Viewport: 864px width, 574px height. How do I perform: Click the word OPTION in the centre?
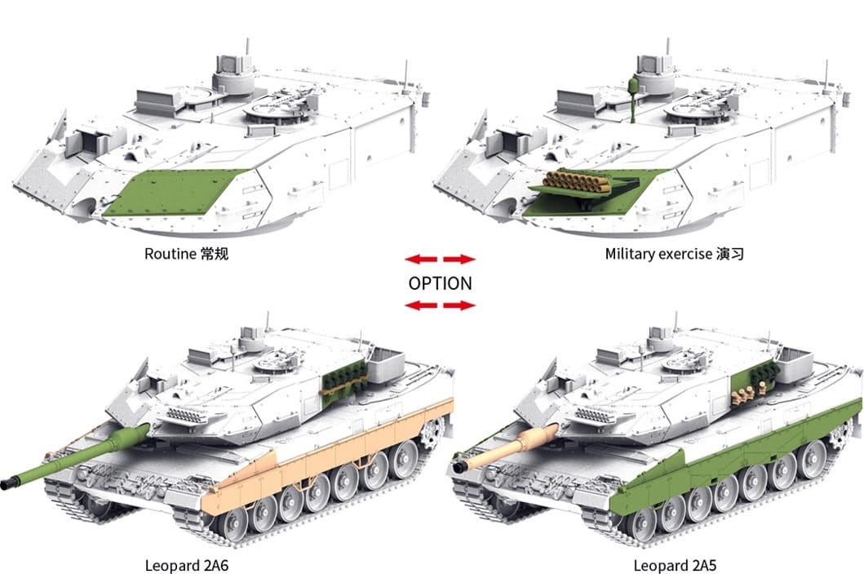440,283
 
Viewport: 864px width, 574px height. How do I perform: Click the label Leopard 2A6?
186,565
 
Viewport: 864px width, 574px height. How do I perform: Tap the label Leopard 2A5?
675,565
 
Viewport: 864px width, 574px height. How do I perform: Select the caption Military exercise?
658,254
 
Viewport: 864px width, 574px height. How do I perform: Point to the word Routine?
171,254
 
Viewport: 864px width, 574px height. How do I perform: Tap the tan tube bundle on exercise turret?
578,181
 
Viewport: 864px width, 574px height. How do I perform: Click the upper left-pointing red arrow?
421,259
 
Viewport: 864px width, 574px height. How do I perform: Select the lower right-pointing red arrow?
459,305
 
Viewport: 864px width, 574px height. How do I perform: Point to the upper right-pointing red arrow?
459,259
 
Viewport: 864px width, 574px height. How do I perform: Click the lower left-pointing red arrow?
421,305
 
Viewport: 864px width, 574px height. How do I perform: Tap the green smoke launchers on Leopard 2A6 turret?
344,376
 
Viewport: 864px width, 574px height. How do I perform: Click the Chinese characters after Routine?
215,254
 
